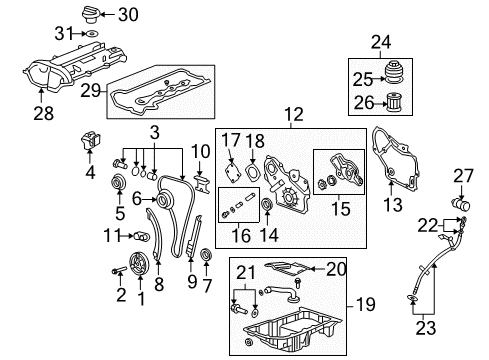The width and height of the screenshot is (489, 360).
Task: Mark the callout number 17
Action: coord(230,141)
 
